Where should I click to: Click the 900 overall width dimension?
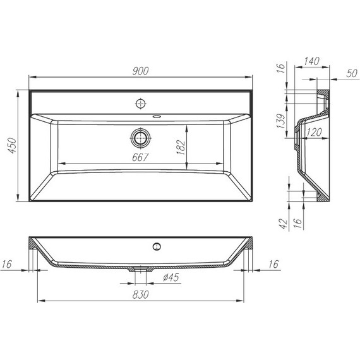[x=141, y=71]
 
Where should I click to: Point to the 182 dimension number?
[x=180, y=147]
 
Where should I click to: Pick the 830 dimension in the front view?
[x=140, y=294]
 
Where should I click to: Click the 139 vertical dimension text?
[x=280, y=121]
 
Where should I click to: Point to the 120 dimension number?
[x=314, y=132]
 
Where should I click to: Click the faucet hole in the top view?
[x=140, y=102]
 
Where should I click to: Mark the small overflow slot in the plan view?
[x=156, y=116]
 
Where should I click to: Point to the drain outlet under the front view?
[x=140, y=270]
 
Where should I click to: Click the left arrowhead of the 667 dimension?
[x=60, y=164]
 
